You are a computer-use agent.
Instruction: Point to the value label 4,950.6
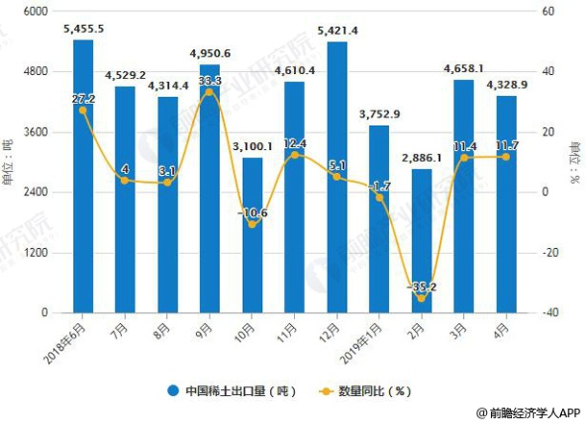(x=209, y=53)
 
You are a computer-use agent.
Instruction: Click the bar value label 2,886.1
(x=421, y=158)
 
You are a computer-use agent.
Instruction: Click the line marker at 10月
(x=252, y=224)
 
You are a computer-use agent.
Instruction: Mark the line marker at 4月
(x=505, y=157)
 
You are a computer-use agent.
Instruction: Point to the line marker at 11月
(x=294, y=155)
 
